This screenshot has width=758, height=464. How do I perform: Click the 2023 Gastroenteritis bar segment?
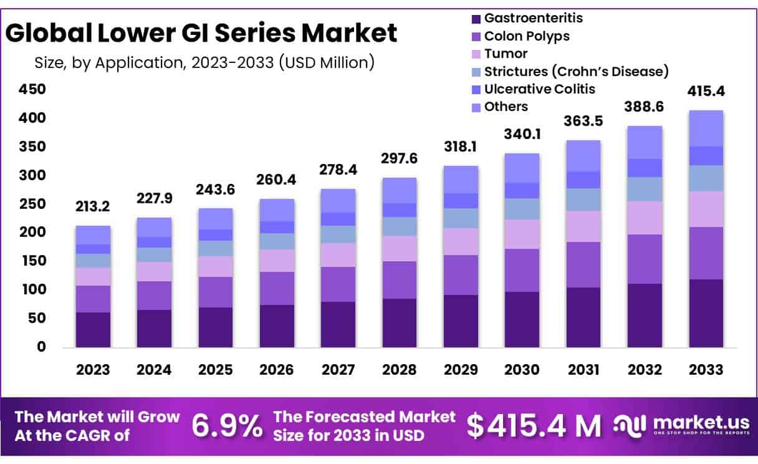[x=93, y=329]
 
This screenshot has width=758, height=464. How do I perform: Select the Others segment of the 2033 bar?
[x=706, y=128]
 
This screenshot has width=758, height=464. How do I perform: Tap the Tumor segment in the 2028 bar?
[x=399, y=248]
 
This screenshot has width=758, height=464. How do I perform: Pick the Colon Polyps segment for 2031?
[x=583, y=264]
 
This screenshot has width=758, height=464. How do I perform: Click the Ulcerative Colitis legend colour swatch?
[x=477, y=89]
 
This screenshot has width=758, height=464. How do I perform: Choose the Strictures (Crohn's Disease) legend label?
[x=576, y=71]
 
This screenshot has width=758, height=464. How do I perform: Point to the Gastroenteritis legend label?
[x=534, y=19]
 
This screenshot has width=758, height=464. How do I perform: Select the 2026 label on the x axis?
[x=277, y=369]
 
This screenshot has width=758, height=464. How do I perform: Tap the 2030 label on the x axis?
[x=522, y=369]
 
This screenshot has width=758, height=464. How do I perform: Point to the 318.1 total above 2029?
[x=461, y=147]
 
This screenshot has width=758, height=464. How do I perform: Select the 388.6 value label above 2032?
[x=645, y=107]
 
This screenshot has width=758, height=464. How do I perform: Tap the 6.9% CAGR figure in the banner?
[x=227, y=426]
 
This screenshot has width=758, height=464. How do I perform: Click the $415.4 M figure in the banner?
[x=534, y=426]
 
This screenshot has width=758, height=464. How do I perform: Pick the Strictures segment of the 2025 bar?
[x=216, y=248]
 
